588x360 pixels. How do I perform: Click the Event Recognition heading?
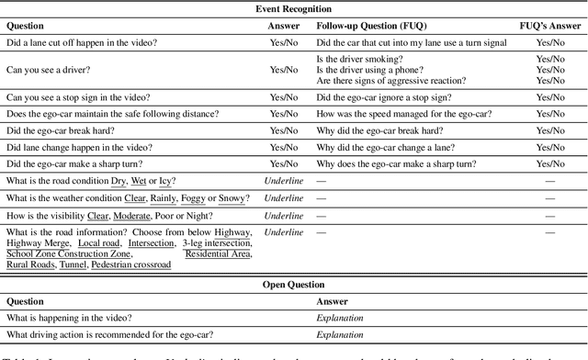(x=293, y=9)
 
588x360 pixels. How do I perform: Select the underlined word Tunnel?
(x=73, y=264)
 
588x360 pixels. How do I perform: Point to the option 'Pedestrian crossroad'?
(x=131, y=264)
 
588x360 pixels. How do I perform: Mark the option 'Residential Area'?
(x=218, y=253)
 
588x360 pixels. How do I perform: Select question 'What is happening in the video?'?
(x=69, y=318)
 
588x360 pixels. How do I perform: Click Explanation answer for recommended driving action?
(x=339, y=335)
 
